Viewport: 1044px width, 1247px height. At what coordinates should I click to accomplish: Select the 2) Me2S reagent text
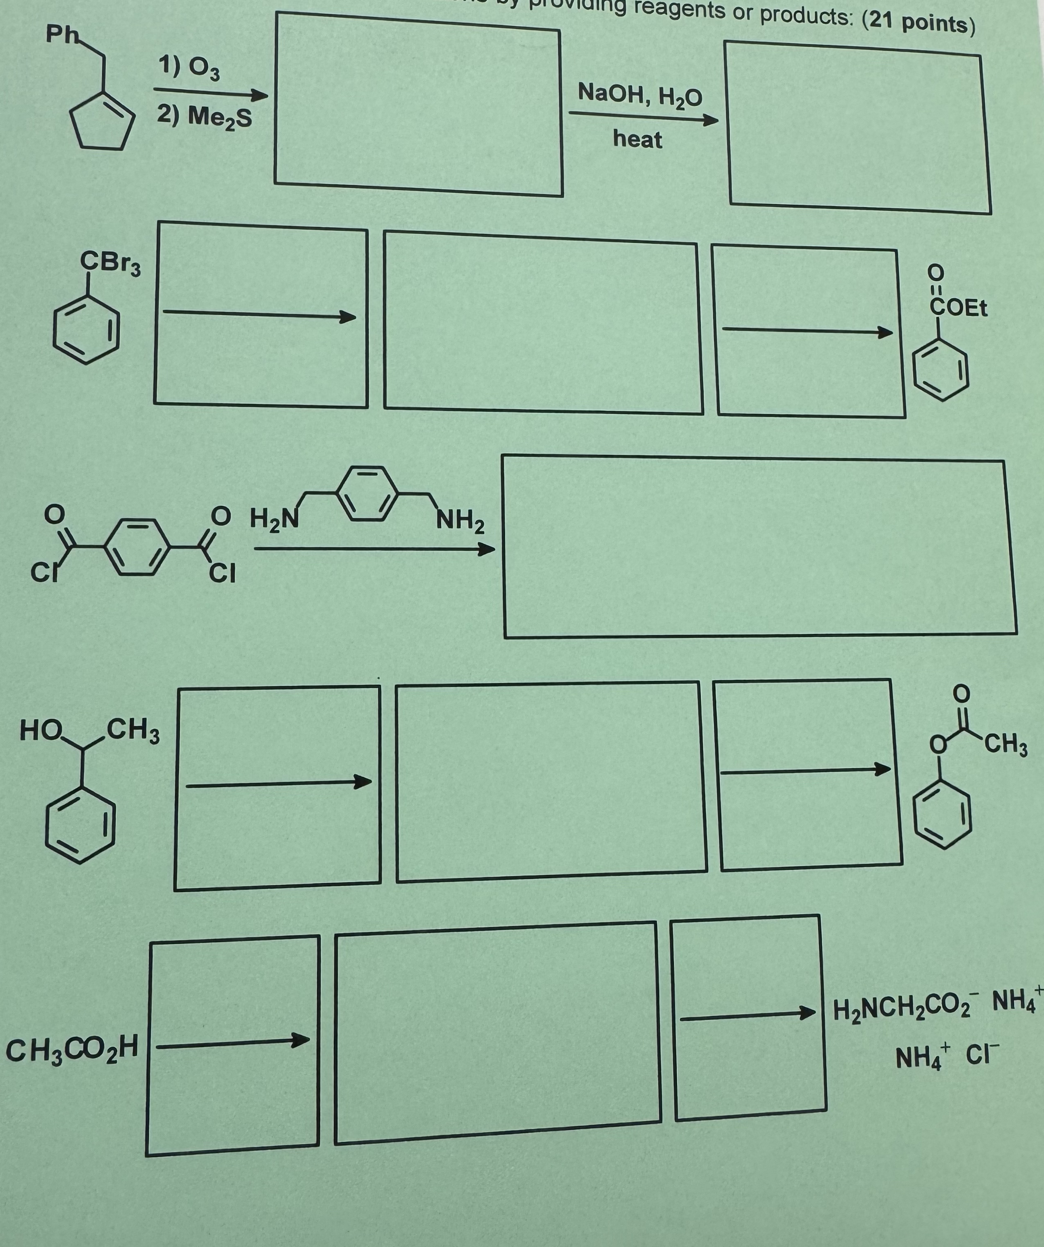point(204,116)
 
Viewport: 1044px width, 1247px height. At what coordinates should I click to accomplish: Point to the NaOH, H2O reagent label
point(640,94)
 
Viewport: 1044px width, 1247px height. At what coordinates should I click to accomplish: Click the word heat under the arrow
point(637,139)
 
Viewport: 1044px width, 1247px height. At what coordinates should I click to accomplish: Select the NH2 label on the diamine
point(460,522)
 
